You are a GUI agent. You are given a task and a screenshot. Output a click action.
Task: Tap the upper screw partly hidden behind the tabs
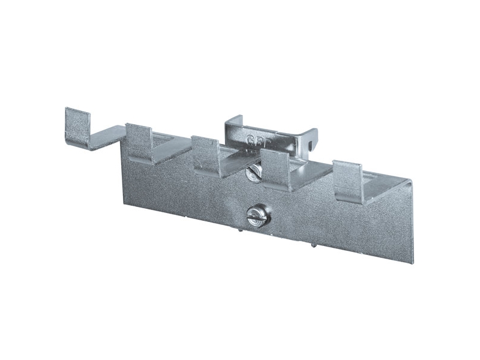click(253, 172)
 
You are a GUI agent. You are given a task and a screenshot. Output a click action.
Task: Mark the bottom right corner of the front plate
click(412, 262)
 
